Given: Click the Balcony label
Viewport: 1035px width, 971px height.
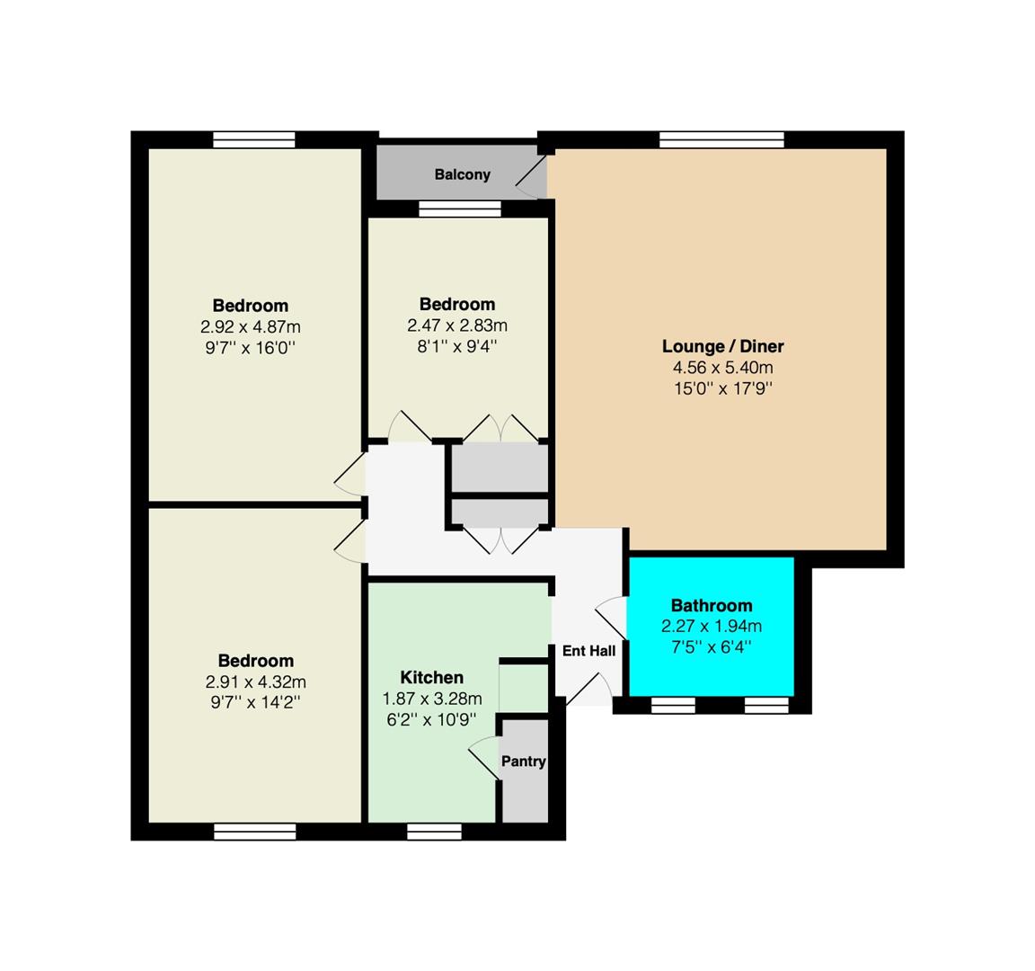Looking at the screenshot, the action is point(462,175).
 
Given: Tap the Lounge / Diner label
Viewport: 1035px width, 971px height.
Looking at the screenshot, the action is point(722,346).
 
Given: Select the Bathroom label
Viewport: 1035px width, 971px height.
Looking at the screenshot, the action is point(712,605).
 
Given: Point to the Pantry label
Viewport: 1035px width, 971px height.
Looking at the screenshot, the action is point(524,761).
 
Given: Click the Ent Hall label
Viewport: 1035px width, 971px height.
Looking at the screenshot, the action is point(588,651).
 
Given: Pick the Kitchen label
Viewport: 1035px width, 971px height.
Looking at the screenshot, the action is point(431,677).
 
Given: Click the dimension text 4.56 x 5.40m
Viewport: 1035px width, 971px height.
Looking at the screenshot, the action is point(722,367).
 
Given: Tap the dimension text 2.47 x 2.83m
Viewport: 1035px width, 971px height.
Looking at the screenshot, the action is point(457,325).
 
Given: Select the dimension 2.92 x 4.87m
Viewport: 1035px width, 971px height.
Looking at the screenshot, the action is point(250,326).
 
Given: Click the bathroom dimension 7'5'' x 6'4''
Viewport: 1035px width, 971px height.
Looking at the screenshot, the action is point(712,646).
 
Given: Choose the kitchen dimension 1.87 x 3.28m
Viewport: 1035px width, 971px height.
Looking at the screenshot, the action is point(431,699).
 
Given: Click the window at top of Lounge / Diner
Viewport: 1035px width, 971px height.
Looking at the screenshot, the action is point(722,140).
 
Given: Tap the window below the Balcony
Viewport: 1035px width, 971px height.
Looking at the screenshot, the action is point(460,209).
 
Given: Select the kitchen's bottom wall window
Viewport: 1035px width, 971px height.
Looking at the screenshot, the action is point(434,832).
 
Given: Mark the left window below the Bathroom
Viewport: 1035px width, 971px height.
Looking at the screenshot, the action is point(673,706).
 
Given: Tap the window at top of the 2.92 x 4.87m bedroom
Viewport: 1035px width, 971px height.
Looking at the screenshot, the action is point(254,140).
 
